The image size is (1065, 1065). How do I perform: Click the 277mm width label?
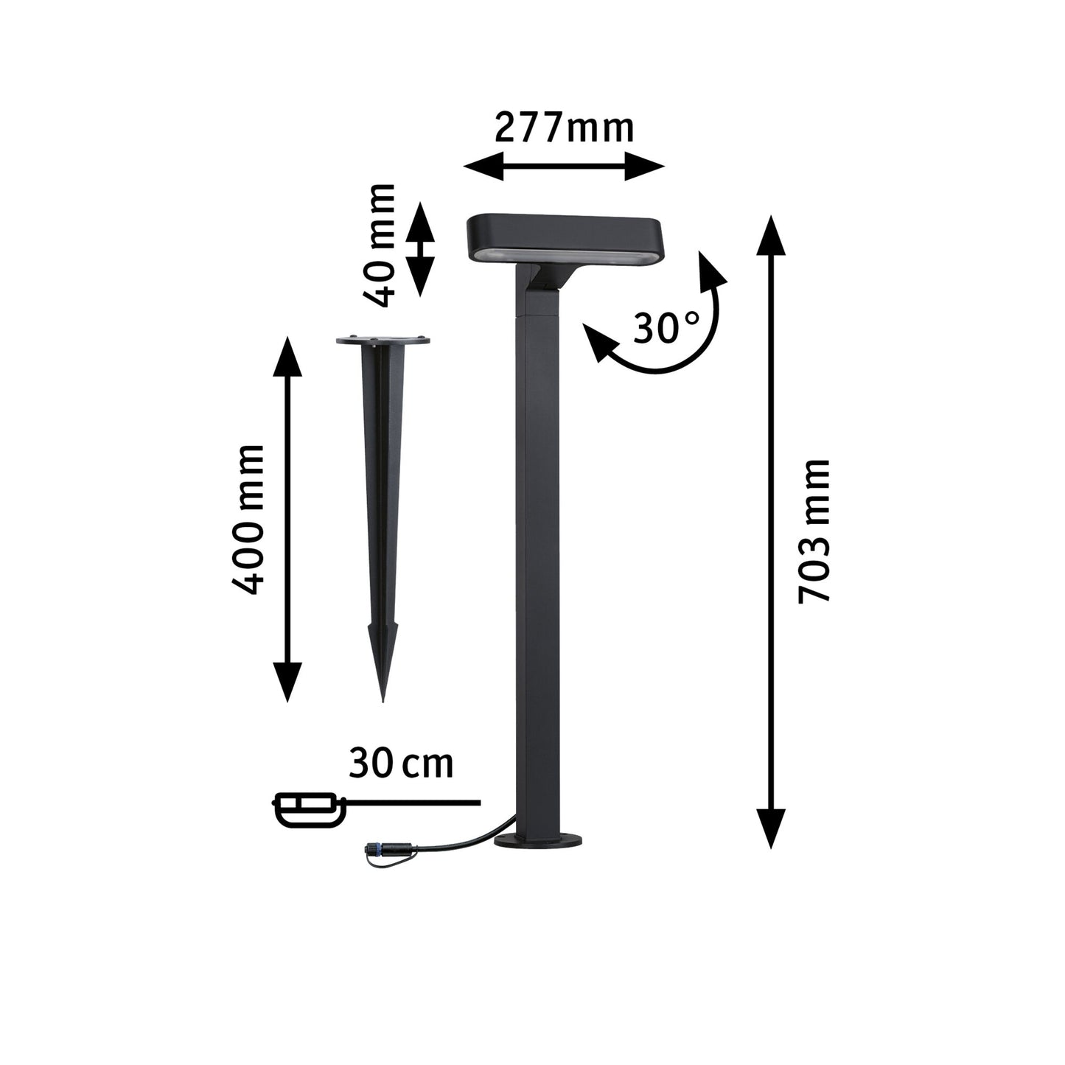(564, 128)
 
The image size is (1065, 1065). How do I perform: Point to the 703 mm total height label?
(815, 531)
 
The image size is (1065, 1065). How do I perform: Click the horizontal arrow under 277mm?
(564, 166)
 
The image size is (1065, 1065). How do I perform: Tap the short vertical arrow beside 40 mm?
(421, 248)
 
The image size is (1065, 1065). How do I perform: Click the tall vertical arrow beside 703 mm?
(771, 531)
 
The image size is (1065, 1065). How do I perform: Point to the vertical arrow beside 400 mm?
(287, 519)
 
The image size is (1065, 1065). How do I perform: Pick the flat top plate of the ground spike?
(383, 341)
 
